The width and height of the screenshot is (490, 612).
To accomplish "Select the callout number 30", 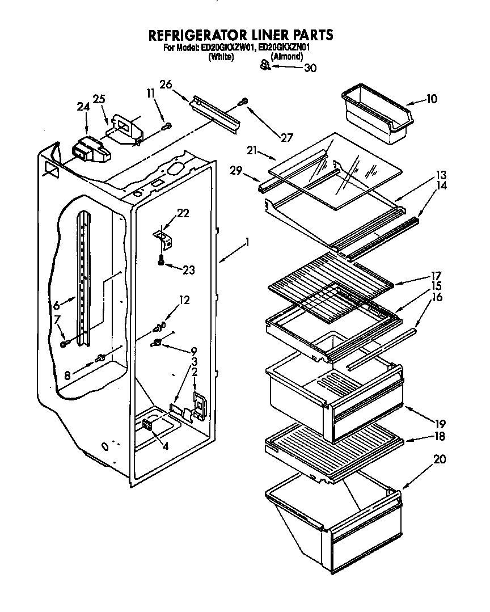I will coord(310,68).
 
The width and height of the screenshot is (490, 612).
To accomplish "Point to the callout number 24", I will coord(83,106).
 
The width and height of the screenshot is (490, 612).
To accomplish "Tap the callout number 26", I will coord(166,85).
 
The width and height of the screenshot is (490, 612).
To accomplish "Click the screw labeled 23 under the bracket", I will coord(161,260).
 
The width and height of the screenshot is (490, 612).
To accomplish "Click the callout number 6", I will coord(56,305).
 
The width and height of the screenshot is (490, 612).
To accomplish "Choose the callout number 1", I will coord(247,244).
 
